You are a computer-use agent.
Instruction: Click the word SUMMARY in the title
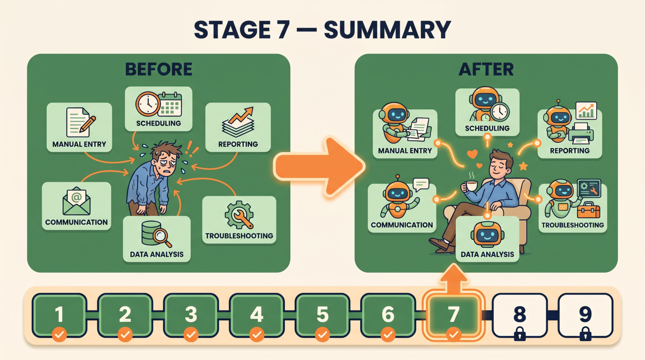[387, 30]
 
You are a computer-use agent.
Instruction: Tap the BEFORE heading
[159, 69]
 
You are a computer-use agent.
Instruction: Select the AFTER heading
[486, 69]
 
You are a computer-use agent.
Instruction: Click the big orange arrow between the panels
[318, 166]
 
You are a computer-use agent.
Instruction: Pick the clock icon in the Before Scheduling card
[147, 104]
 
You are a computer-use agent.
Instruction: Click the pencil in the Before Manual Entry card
[87, 124]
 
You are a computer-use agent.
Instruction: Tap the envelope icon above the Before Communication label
[76, 201]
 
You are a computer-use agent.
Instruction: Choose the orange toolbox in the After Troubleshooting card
[588, 210]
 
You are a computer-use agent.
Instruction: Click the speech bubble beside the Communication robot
[421, 184]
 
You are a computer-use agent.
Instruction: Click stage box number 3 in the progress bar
[191, 315]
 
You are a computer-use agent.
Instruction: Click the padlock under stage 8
[520, 334]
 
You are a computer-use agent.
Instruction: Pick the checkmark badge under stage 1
[59, 334]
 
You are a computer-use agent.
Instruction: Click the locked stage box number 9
[585, 315]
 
